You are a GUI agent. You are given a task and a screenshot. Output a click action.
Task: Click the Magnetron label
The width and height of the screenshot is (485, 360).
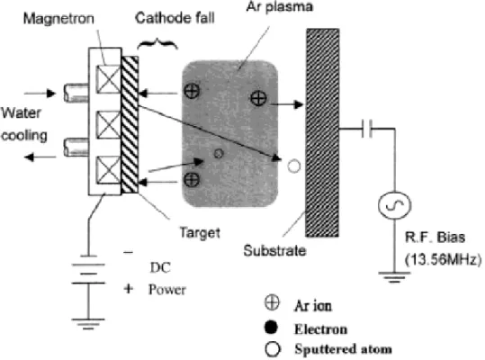(58, 19)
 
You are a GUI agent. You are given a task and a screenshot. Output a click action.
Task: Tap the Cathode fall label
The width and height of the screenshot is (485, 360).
(175, 18)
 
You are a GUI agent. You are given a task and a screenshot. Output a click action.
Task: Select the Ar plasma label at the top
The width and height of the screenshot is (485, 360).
(279, 7)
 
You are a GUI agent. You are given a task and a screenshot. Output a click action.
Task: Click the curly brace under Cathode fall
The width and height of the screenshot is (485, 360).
(157, 44)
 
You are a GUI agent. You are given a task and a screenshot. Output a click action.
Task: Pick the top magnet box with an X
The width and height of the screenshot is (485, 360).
(108, 79)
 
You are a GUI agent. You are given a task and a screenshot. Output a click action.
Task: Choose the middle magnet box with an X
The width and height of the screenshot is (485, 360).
(108, 124)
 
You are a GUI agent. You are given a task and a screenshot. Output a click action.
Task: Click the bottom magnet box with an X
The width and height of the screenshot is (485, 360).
(108, 170)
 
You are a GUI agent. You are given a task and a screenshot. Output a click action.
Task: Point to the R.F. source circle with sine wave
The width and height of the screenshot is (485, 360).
(395, 205)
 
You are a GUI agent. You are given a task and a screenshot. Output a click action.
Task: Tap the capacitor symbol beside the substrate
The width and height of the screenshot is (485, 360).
(367, 129)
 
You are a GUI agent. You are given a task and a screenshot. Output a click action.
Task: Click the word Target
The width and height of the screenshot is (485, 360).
(200, 232)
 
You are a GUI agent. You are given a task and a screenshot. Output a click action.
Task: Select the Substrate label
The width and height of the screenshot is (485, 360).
(274, 250)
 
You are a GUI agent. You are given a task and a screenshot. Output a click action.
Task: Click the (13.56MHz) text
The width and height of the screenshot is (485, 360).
(444, 259)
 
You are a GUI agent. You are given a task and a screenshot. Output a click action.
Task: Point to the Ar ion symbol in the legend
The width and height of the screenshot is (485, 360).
(272, 302)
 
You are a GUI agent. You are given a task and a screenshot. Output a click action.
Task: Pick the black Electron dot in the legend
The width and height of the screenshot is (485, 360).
(271, 328)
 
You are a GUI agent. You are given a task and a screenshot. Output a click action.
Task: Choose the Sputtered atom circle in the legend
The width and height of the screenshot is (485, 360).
(273, 349)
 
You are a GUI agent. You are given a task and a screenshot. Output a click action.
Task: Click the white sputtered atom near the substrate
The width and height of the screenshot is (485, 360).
(294, 166)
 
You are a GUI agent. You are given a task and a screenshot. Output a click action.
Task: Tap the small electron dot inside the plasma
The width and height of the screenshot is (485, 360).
(219, 153)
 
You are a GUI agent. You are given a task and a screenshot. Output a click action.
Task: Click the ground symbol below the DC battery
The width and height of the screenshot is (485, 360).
(88, 323)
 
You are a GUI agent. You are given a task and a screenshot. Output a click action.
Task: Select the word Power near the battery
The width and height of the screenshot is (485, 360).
(167, 290)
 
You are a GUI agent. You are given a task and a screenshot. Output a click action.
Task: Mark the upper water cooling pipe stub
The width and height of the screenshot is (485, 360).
(76, 93)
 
